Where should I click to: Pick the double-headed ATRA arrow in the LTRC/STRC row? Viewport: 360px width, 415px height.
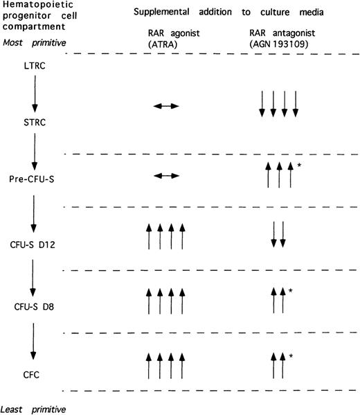165,106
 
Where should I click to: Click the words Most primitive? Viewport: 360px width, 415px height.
32,42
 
